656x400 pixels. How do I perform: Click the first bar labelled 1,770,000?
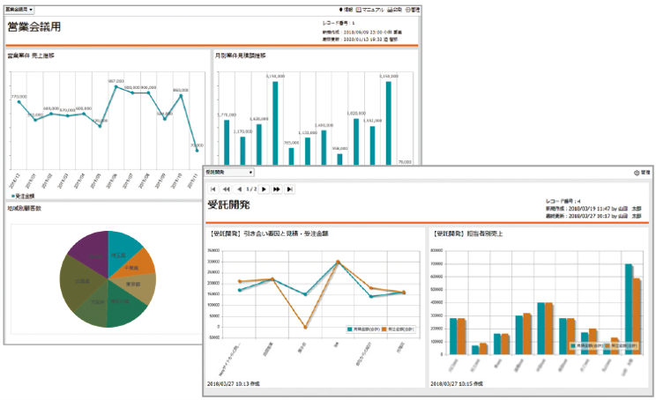click(x=227, y=142)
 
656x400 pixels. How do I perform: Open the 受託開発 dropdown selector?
click(x=228, y=173)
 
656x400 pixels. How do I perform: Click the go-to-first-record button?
click(x=212, y=189)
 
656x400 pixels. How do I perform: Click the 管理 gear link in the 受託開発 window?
click(x=641, y=173)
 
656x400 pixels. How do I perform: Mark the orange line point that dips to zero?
click(x=305, y=328)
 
